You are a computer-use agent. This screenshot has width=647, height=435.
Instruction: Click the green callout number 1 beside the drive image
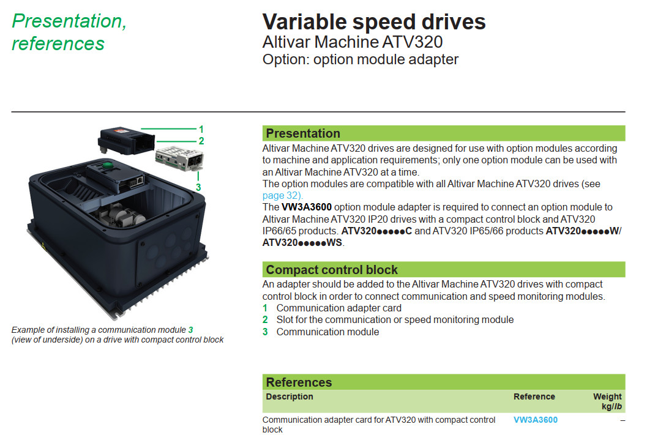pos(201,129)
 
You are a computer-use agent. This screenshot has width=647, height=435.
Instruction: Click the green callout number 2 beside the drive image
pos(201,141)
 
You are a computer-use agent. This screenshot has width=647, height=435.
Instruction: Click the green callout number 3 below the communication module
pos(198,188)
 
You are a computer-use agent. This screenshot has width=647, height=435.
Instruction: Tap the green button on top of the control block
pos(107,165)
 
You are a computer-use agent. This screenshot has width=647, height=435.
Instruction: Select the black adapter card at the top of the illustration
pos(126,141)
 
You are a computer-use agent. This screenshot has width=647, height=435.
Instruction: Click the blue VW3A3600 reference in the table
pos(535,420)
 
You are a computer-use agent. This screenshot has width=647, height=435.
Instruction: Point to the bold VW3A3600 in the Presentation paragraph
pos(307,207)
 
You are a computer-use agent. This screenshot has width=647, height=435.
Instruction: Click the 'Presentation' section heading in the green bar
pos(303,133)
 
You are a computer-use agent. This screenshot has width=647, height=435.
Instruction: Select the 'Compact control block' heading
pos(332,270)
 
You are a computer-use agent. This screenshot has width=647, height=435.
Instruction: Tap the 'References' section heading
pos(299,382)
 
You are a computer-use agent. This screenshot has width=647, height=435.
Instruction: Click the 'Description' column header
pos(290,396)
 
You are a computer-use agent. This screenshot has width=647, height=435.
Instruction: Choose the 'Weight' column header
pos(607,396)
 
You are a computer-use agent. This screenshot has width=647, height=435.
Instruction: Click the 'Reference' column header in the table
pos(534,396)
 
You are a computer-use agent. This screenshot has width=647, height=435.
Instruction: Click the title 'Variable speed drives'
pos(374,22)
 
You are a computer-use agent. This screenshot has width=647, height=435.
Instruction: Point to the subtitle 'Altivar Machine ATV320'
pos(353,42)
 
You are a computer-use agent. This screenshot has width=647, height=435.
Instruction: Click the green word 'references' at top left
pos(58,43)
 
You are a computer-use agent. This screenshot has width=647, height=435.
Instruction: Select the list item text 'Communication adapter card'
pos(338,308)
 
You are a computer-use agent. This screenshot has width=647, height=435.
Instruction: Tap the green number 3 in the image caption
pos(190,330)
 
